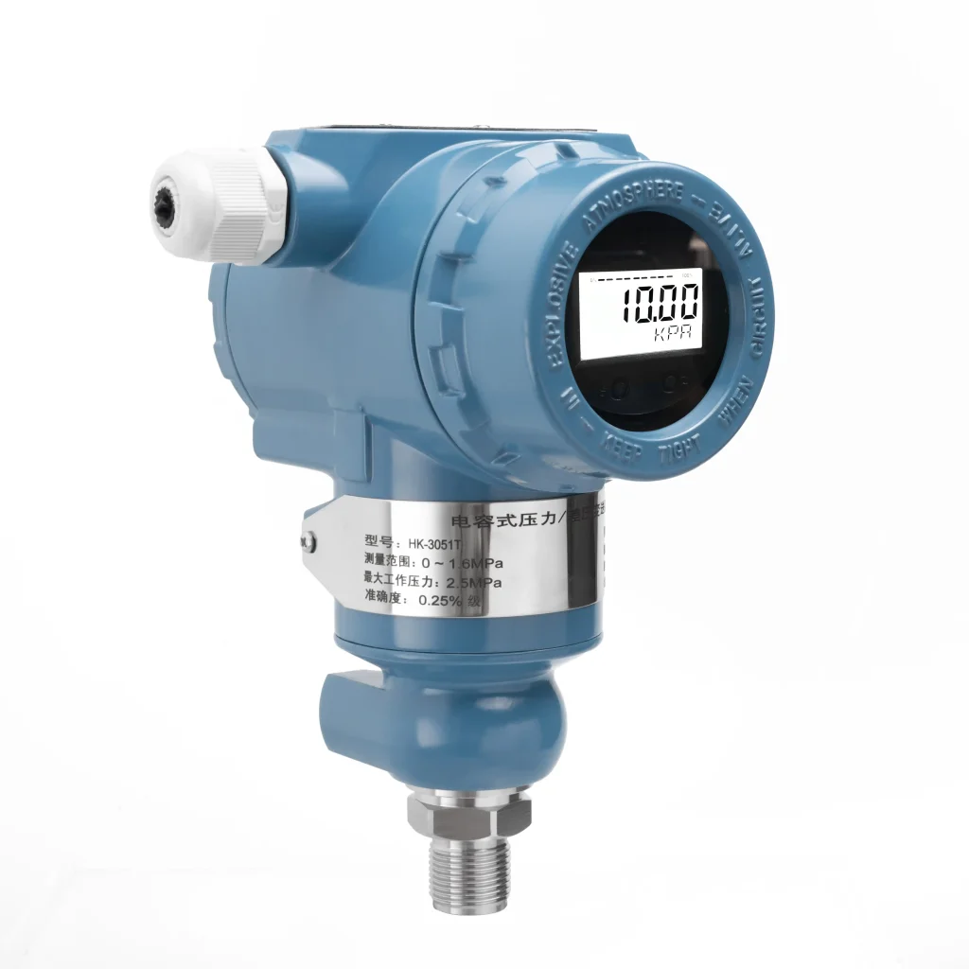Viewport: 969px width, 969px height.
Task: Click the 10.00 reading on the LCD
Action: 659,304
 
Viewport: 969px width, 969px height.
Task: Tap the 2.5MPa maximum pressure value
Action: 473,581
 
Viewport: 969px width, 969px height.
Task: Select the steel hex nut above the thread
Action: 469,812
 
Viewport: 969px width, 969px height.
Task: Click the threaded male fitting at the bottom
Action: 469,875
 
